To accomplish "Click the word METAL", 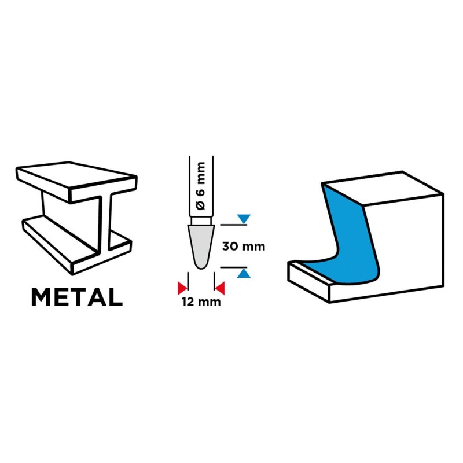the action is pos(77,297).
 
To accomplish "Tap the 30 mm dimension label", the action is pos(243,247).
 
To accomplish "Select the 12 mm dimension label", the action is pos(201,302).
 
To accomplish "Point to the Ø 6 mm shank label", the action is pos(201,186).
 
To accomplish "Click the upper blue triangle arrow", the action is pos(244,219).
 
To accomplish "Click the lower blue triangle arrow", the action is pos(244,273).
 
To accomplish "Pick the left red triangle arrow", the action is pos(182,288).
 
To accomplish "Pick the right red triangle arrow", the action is pos(220,288).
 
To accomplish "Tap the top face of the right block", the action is pos(383,188).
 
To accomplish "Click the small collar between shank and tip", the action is pos(201,221).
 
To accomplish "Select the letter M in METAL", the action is pos(41,297).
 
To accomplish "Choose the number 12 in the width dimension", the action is pos(188,302).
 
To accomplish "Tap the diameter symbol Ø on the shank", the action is pos(201,205).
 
